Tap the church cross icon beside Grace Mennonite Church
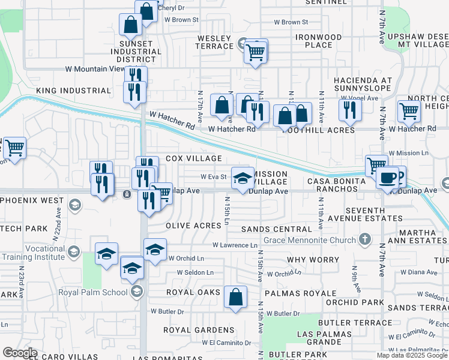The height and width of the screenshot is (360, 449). coord(364,240)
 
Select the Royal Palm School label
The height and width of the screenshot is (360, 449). coord(92,292)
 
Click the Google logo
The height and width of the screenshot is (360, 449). coord(20,352)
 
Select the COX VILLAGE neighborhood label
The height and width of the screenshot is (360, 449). coord(193,158)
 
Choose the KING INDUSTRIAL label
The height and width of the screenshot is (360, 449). coord(74,91)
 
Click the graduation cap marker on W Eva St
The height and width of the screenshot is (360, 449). coord(243,178)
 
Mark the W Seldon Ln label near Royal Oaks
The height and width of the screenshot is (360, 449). coord(194,272)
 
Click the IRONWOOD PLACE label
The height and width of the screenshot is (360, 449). coord(319,41)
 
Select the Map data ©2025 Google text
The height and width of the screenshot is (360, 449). coord(412,355)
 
